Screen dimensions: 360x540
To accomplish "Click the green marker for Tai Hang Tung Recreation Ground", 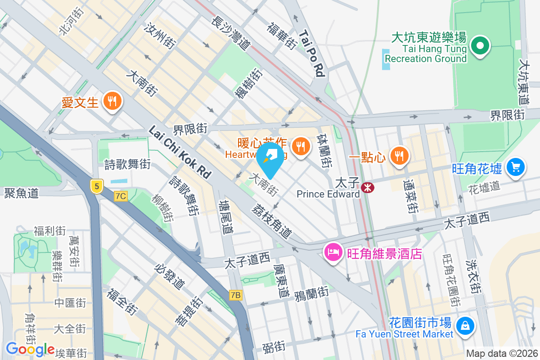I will point(480,46).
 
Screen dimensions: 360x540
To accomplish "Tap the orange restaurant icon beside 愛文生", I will point(111,101).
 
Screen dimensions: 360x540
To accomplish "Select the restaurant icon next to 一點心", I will point(399,156).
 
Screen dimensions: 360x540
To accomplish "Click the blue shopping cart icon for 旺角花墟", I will point(516,167).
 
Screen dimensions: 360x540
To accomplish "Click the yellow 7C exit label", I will point(121,196).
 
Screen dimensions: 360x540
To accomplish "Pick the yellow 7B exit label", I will point(235,295).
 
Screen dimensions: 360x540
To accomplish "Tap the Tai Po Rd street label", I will point(311,53).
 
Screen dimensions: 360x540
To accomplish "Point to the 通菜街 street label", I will point(410,196).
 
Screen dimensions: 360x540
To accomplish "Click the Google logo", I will point(30,349).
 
